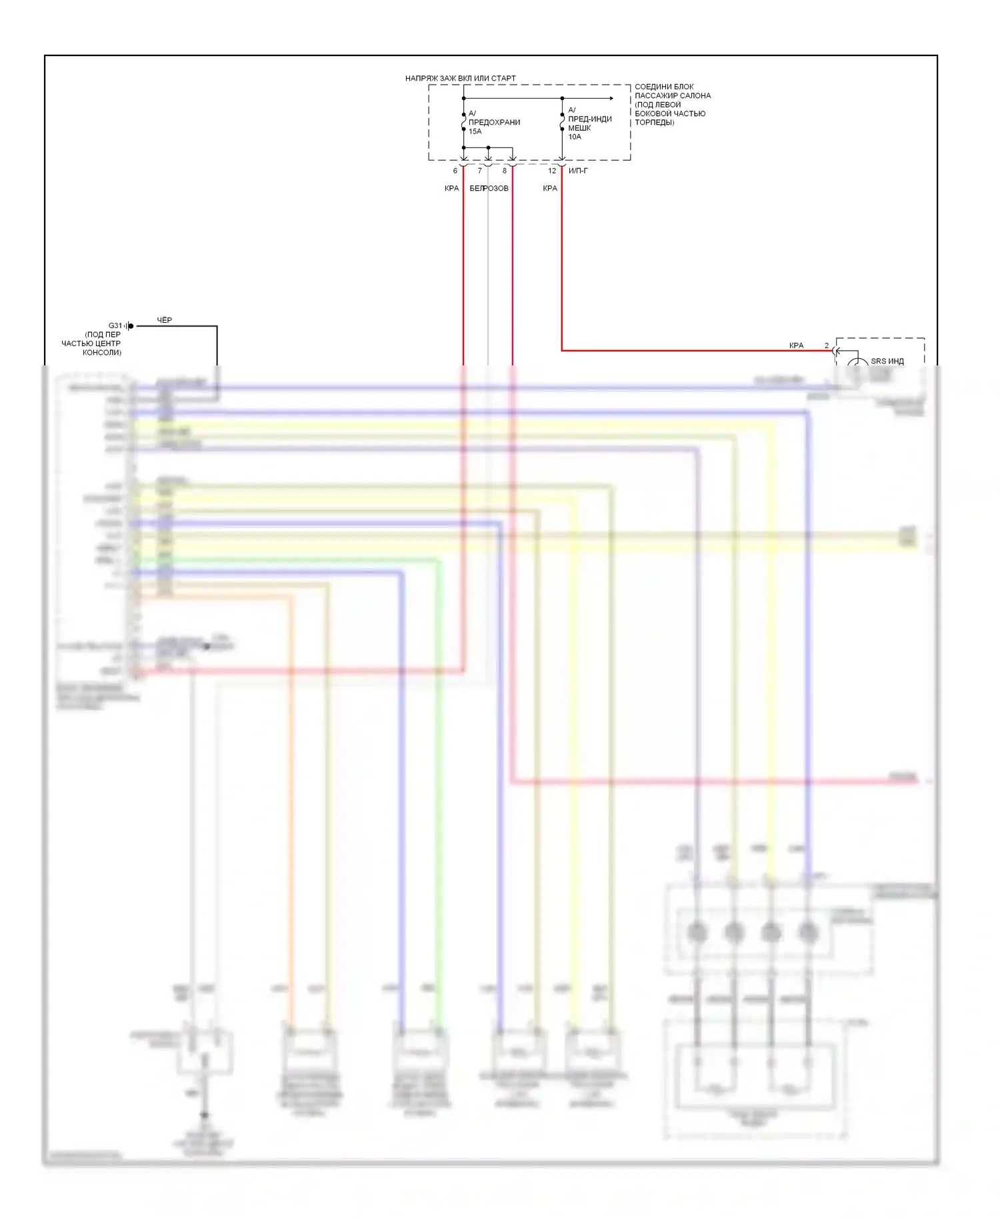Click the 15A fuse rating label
pos(475,131)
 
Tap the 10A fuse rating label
pos(575,137)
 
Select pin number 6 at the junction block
pos(455,171)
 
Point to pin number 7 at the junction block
pos(479,171)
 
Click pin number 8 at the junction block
pos(504,171)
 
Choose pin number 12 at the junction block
pos(552,171)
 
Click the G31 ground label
pos(115,326)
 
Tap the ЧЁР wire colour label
pos(165,320)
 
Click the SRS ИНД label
pos(887,361)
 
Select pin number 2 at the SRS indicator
pos(827,345)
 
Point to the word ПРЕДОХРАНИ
pos(494,122)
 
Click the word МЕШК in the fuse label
pos(579,128)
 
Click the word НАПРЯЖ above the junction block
pos(421,79)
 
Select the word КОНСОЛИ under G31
pos(102,352)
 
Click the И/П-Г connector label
pos(578,171)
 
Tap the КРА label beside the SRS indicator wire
pos(796,345)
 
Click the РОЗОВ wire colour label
pos(497,188)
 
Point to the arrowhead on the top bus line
pos(611,99)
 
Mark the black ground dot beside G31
pos(131,326)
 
